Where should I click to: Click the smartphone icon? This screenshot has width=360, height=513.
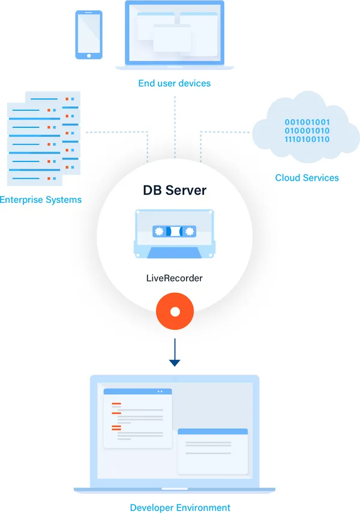click(88, 35)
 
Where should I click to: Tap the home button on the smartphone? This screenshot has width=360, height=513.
click(88, 55)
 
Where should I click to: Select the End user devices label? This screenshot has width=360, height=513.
click(175, 83)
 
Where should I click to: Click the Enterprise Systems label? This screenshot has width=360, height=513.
click(41, 199)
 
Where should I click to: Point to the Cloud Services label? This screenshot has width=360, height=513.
click(307, 178)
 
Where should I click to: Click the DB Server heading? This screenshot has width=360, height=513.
click(175, 190)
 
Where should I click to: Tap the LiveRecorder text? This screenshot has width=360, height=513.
click(175, 278)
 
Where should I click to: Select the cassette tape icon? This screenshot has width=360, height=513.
click(175, 233)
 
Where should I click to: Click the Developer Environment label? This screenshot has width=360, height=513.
click(180, 508)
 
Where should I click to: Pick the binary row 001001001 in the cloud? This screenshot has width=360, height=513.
click(307, 122)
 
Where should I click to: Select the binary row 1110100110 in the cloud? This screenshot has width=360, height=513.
click(307, 140)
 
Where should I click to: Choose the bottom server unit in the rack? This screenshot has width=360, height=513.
click(35, 178)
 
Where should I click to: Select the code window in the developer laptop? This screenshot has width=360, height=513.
click(138, 418)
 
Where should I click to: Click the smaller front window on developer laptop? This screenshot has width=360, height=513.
click(213, 451)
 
